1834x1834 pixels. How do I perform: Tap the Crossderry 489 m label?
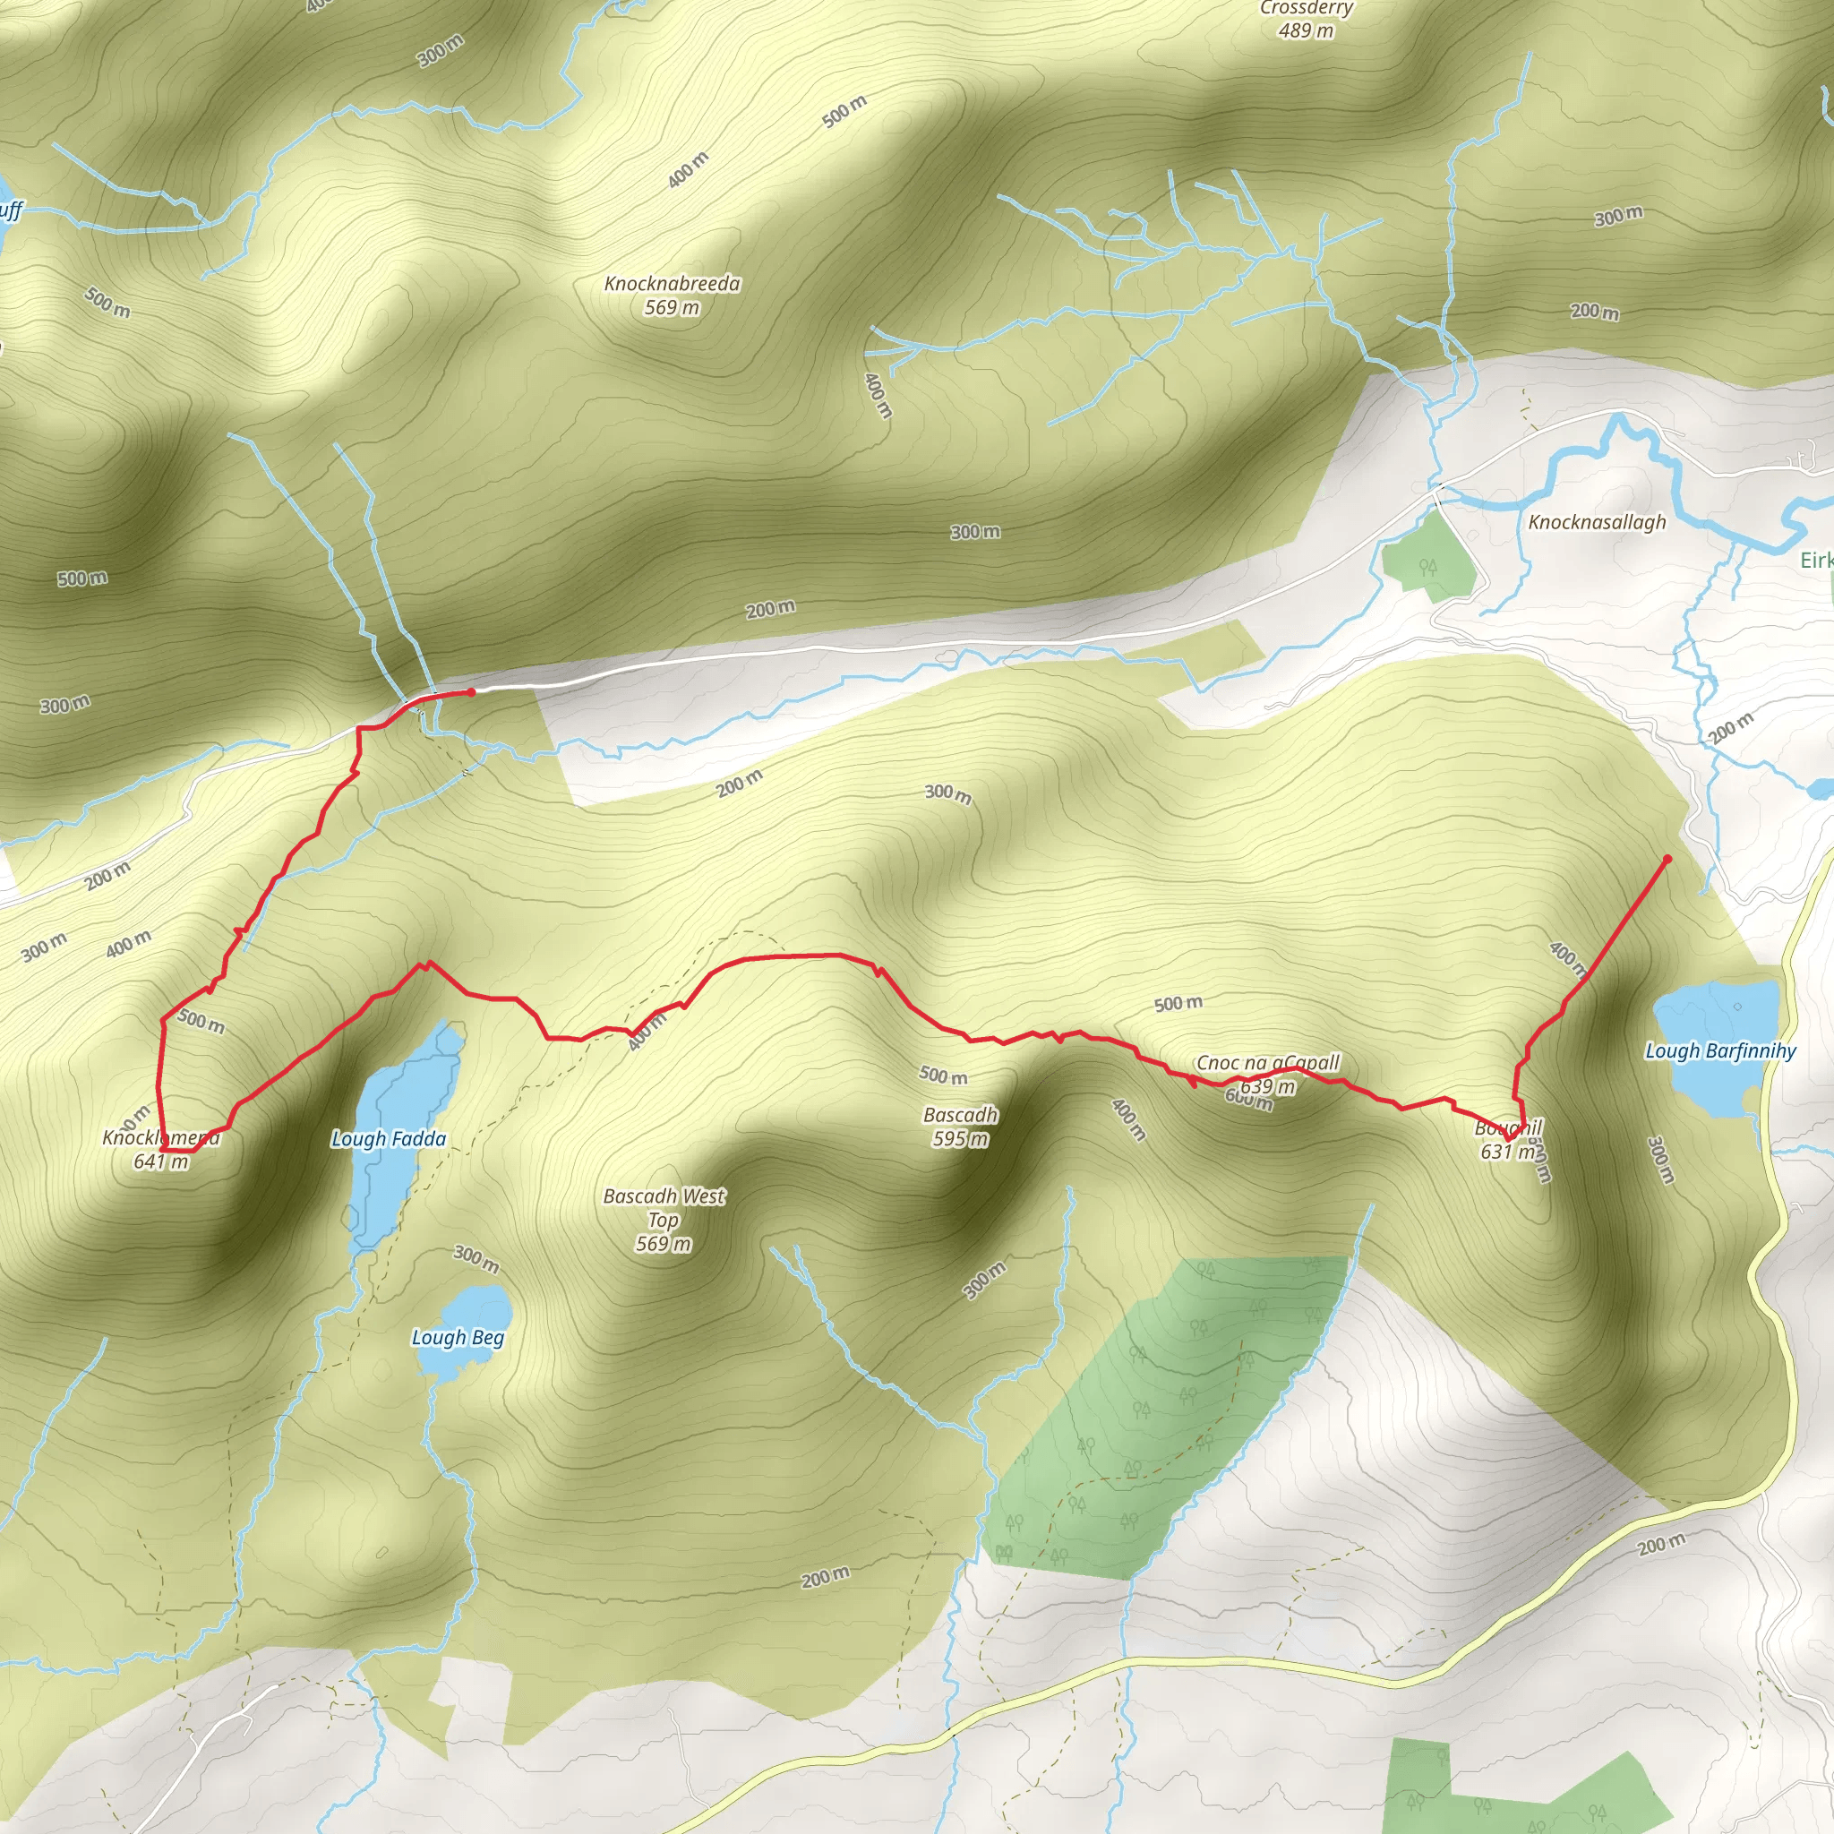(1307, 19)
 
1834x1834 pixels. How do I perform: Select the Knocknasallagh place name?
(1597, 522)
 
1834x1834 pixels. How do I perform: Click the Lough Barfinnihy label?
(1720, 1050)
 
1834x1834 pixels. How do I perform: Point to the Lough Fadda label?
(389, 1138)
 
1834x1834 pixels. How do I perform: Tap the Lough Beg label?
(458, 1338)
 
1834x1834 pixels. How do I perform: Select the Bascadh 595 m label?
(960, 1126)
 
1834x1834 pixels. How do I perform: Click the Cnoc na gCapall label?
(1267, 1063)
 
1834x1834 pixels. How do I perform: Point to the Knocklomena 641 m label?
(161, 1149)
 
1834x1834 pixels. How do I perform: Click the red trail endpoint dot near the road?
(471, 692)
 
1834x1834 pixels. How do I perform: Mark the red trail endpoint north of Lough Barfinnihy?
(1667, 859)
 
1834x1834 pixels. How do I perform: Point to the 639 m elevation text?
(1267, 1087)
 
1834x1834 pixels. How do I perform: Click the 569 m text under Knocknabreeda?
(673, 307)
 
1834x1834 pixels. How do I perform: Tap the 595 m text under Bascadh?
(960, 1138)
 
